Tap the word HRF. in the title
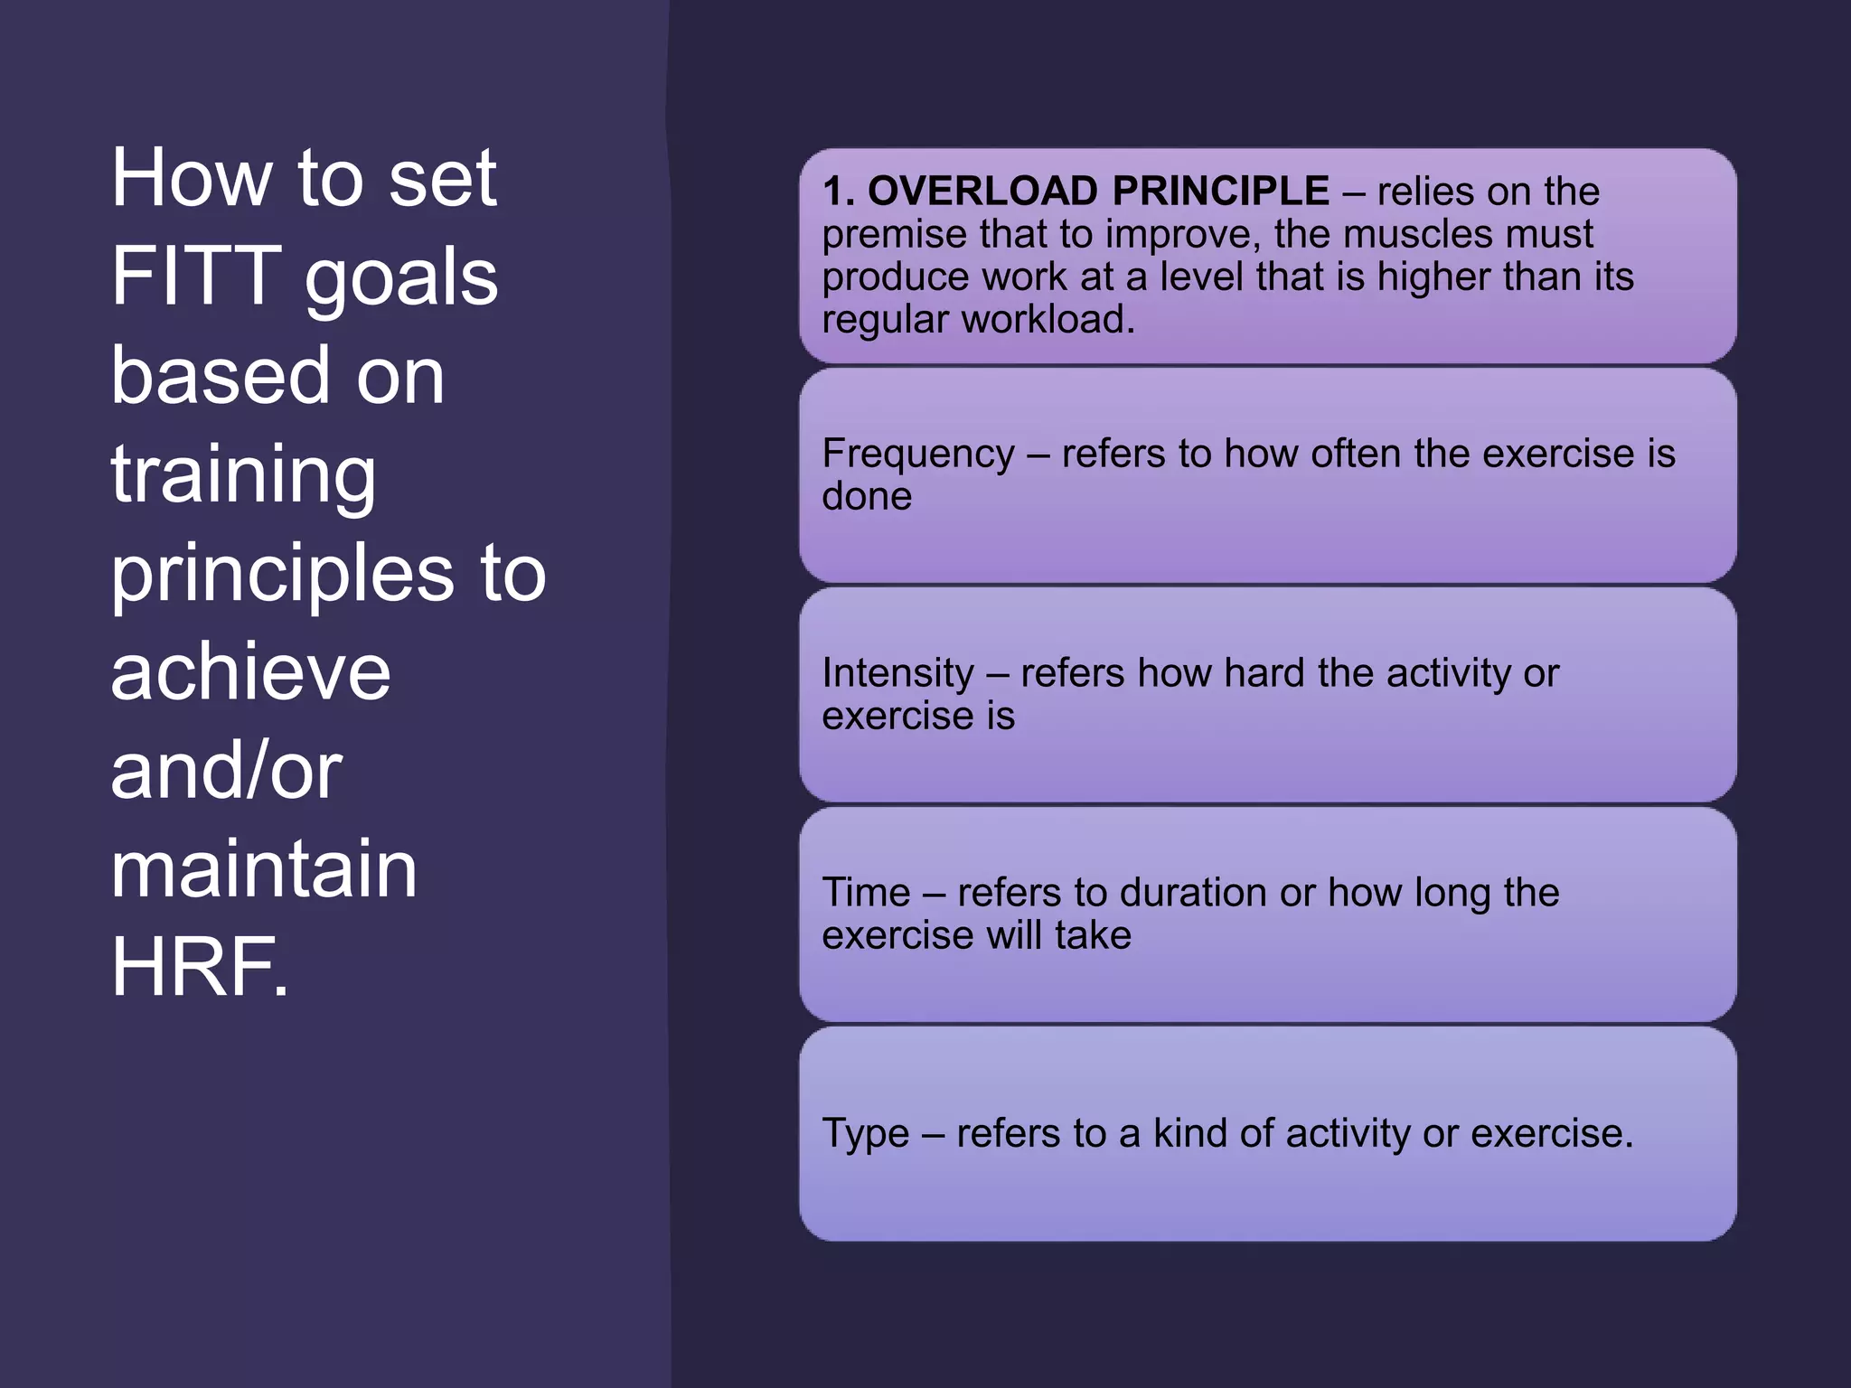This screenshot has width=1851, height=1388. [200, 967]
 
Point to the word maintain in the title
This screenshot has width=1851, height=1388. [264, 868]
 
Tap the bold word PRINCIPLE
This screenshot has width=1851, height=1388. [1221, 192]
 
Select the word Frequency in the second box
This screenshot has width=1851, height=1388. [918, 454]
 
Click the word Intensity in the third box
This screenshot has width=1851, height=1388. [898, 673]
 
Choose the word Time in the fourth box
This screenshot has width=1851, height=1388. [866, 893]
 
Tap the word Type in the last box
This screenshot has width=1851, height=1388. [865, 1133]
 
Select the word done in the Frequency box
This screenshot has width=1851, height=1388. [867, 496]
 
